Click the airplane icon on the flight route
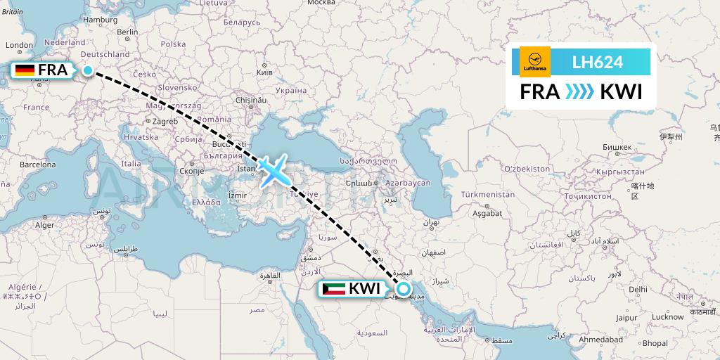click(x=274, y=171)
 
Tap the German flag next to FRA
click(x=25, y=70)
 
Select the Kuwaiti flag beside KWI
click(x=333, y=288)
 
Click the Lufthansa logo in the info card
click(x=534, y=62)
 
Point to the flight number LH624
click(x=598, y=62)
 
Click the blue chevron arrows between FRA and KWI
click(x=580, y=92)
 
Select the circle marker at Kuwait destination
click(x=404, y=288)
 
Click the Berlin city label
click(x=127, y=32)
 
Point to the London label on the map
click(x=20, y=45)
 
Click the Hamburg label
click(x=100, y=20)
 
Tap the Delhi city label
click(x=638, y=289)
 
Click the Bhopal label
click(x=655, y=343)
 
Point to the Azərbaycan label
click(x=407, y=183)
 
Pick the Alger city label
click(x=44, y=225)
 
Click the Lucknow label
click(x=667, y=316)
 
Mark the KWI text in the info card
click(x=621, y=92)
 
